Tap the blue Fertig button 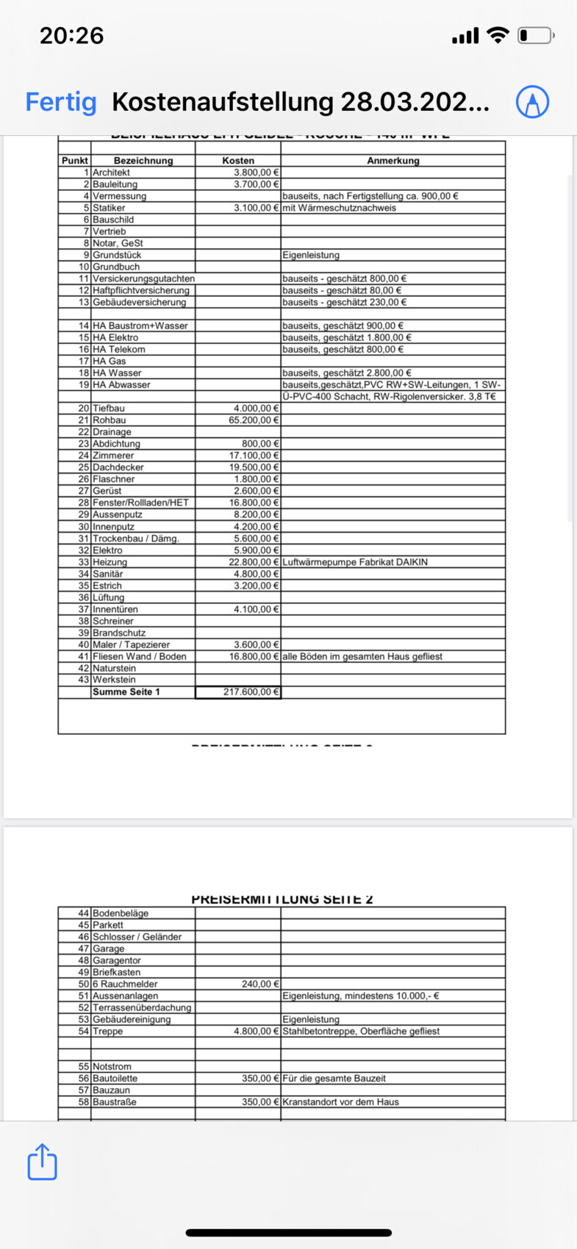point(61,102)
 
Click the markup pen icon point(532,101)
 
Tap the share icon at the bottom point(42,1162)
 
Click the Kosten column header point(238,160)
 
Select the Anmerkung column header point(393,160)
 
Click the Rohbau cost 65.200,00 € point(254,420)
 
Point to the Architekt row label point(111,173)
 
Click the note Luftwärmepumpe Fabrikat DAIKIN point(355,562)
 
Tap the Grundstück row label point(117,255)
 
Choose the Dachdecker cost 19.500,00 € point(254,467)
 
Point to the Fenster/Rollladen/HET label point(140,503)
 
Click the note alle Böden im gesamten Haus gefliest point(362,656)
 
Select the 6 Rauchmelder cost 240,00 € point(260,984)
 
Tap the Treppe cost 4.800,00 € point(257,1031)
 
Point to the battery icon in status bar point(534,35)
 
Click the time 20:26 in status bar point(71,35)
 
